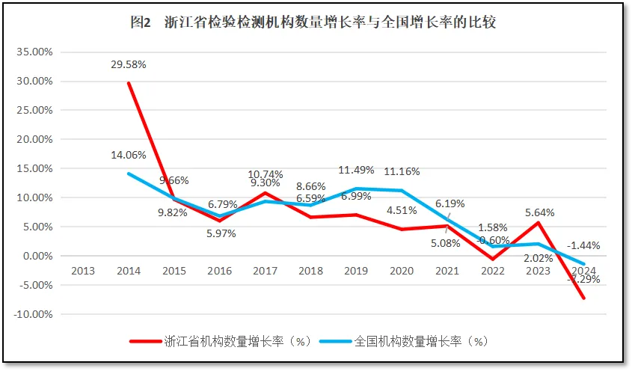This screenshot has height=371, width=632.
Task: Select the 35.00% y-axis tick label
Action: pyautogui.click(x=33, y=52)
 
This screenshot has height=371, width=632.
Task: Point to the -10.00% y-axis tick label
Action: pyautogui.click(x=31, y=314)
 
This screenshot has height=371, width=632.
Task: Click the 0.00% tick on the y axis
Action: pyautogui.click(x=36, y=256)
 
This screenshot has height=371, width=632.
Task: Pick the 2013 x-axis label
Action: pyautogui.click(x=83, y=271)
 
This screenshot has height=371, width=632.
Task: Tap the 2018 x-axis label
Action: pyautogui.click(x=310, y=271)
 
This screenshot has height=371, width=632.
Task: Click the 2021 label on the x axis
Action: pyautogui.click(x=447, y=271)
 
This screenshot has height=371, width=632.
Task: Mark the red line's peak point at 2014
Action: pyautogui.click(x=129, y=83)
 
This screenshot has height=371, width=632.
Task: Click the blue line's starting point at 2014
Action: pyautogui.click(x=129, y=174)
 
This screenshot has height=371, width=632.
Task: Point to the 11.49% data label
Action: pyautogui.click(x=355, y=170)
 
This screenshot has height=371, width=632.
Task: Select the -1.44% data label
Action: pyautogui.click(x=583, y=245)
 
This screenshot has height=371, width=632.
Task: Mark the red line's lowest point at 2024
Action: pyautogui.click(x=583, y=298)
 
